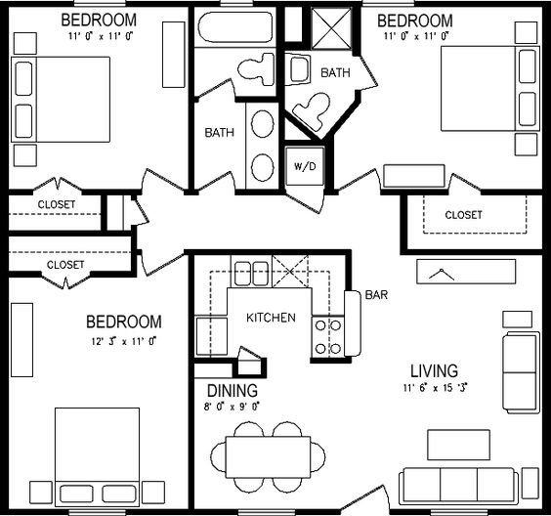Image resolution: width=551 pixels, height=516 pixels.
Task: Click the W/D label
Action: click(x=305, y=166)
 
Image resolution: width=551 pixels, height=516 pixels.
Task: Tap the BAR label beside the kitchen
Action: click(x=376, y=294)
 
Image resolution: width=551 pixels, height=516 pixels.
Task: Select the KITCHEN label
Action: click(x=271, y=318)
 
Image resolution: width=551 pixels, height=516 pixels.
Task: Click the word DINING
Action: click(x=233, y=391)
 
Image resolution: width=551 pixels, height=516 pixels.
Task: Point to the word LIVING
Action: click(x=435, y=371)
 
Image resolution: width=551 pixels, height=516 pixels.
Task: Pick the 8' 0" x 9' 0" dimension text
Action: click(x=232, y=407)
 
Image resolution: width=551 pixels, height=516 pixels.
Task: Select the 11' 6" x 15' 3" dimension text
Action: click(x=435, y=388)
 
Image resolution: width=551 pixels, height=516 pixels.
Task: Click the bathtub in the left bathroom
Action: click(x=235, y=27)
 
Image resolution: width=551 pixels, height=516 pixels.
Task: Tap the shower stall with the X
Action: click(x=332, y=28)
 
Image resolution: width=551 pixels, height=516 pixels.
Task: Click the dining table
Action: click(x=268, y=457)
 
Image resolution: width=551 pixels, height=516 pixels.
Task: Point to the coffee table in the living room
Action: click(x=458, y=445)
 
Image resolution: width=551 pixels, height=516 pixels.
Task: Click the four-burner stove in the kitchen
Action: click(x=327, y=337)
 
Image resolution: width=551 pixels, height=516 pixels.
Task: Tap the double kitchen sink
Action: click(x=251, y=274)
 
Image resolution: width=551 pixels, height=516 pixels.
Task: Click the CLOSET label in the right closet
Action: click(x=463, y=215)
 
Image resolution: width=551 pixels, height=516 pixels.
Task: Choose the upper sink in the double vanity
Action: click(x=263, y=124)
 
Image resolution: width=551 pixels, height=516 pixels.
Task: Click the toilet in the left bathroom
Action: click(x=256, y=69)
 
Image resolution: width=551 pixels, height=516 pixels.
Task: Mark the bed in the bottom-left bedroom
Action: click(x=98, y=457)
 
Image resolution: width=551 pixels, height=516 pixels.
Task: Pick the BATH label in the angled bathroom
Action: click(x=335, y=72)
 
